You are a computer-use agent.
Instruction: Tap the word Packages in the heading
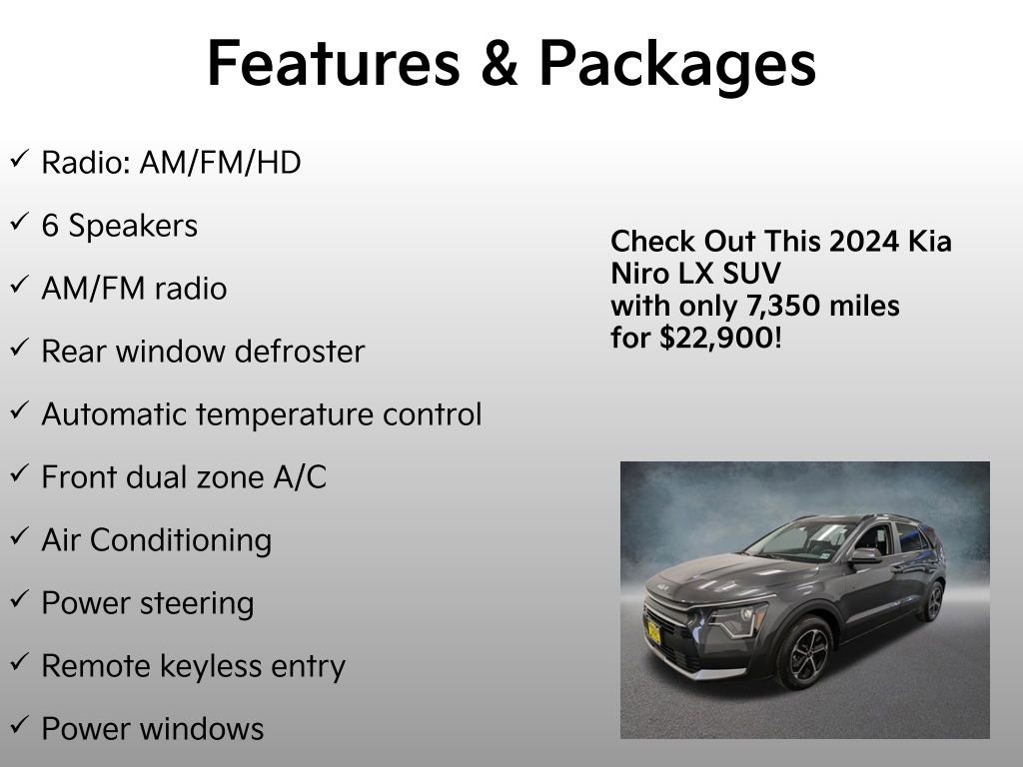coord(676,66)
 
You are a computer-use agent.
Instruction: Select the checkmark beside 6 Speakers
coord(18,224)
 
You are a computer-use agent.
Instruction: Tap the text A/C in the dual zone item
coord(300,477)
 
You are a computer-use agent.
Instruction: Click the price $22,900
coord(716,338)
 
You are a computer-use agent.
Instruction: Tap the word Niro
coord(639,274)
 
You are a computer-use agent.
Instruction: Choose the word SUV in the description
coord(751,274)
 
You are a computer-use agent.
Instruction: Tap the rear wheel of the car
coord(933,601)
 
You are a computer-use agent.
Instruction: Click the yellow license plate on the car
coord(652,631)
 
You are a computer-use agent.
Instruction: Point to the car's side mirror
coord(865,555)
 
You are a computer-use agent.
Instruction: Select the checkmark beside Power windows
coord(18,727)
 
